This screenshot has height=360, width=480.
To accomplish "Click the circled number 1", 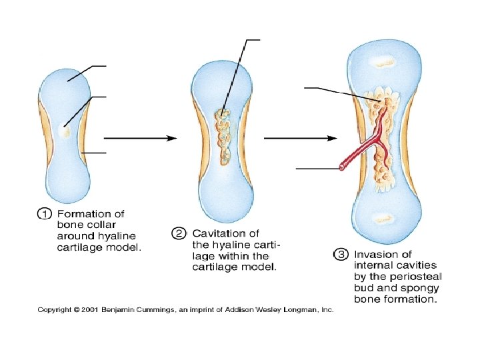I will click(x=43, y=214).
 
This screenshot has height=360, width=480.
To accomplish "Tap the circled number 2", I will click(x=179, y=233).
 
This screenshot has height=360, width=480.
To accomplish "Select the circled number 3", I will click(x=341, y=255).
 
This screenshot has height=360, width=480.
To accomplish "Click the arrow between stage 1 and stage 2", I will click(x=140, y=138).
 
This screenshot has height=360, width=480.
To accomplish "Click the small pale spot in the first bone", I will click(x=65, y=132).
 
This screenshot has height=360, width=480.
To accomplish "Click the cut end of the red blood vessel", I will click(x=343, y=165).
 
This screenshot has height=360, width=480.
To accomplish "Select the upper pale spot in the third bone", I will click(x=385, y=63).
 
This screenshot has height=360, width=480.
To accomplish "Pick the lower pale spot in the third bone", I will click(x=383, y=219).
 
